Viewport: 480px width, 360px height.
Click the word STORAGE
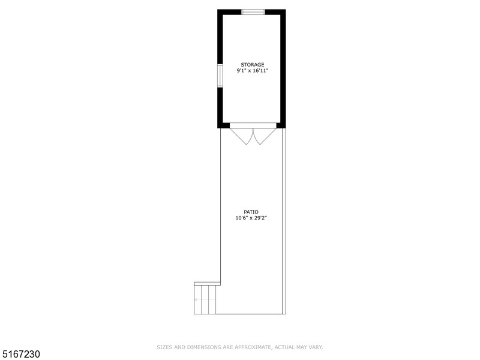coord(252,64)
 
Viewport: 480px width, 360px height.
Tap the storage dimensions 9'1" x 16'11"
coord(252,71)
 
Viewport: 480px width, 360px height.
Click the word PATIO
coord(251,212)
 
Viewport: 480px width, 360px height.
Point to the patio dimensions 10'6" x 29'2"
coord(251,218)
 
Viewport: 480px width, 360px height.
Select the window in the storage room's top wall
coord(253,11)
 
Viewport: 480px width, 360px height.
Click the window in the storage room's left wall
coord(220,76)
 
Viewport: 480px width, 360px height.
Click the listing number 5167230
coord(21,355)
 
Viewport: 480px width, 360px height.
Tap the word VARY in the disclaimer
coord(316,347)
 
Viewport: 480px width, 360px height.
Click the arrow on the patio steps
coord(196,299)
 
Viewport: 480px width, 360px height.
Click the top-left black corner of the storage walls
coord(220,12)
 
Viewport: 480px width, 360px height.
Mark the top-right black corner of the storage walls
coord(283,12)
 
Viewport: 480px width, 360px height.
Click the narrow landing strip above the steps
coord(207,283)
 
